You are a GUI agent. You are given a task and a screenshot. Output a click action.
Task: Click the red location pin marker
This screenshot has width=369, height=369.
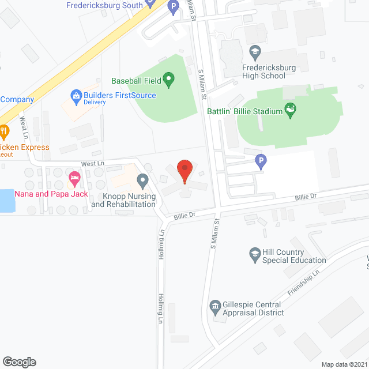pyautogui.click(x=184, y=171)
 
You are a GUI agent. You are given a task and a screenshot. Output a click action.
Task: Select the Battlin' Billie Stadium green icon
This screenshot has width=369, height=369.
pyautogui.click(x=291, y=110)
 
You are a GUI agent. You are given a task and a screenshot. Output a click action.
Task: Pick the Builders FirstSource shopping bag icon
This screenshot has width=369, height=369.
pyautogui.click(x=76, y=95)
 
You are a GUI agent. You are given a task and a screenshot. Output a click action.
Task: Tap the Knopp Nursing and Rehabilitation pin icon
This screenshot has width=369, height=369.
pyautogui.click(x=142, y=182)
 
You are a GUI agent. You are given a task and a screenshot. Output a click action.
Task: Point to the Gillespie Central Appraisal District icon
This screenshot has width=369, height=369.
pyautogui.click(x=215, y=306)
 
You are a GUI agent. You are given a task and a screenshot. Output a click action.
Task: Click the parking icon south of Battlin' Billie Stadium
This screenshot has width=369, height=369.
pyautogui.click(x=261, y=163)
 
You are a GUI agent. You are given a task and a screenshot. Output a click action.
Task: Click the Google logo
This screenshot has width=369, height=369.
pyautogui.click(x=19, y=362)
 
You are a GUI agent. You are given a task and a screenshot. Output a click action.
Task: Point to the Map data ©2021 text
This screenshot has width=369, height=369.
pyautogui.click(x=344, y=364)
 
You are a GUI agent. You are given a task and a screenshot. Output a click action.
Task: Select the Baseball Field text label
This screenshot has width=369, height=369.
pyautogui.click(x=137, y=81)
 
